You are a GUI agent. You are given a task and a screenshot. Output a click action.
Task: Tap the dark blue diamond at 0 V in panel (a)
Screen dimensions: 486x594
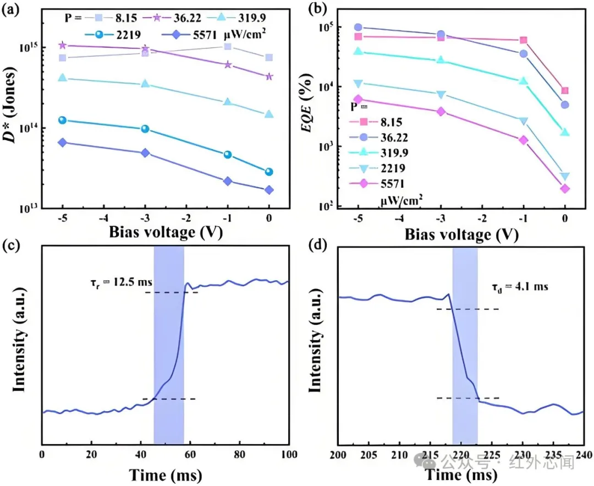[269, 190]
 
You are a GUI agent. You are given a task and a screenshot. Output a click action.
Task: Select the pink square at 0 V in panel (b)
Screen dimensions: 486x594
[565, 91]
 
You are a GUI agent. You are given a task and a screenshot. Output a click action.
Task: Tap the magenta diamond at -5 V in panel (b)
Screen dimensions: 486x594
[358, 100]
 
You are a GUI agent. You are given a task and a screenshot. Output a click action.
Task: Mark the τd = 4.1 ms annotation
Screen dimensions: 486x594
[519, 287]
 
